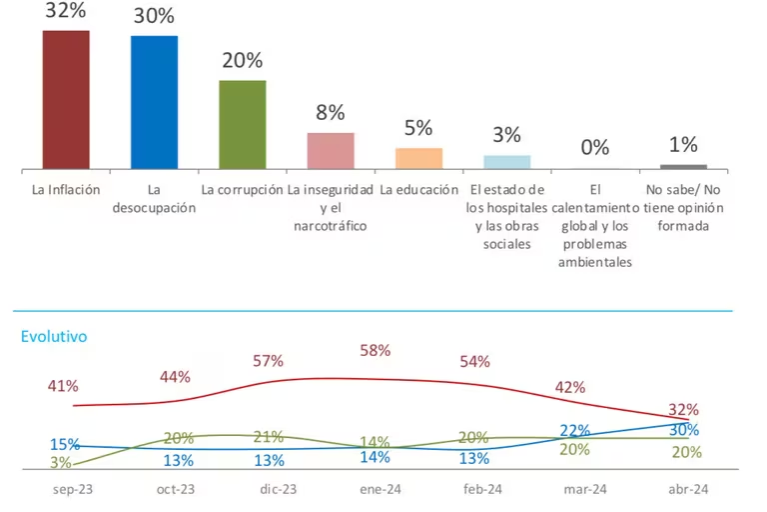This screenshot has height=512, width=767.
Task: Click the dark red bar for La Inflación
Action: pyautogui.click(x=66, y=100)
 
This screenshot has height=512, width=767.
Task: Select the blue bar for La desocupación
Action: pyautogui.click(x=155, y=102)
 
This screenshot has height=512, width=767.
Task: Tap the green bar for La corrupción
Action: pyautogui.click(x=243, y=124)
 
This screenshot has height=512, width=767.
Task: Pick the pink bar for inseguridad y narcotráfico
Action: pyautogui.click(x=331, y=150)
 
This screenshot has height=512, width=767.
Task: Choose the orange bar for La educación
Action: pyautogui.click(x=418, y=158)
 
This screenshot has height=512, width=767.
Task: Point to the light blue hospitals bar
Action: pyautogui.click(x=507, y=162)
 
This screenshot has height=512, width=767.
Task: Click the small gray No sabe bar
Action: pyautogui.click(x=683, y=166)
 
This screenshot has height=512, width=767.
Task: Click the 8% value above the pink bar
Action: pyautogui.click(x=331, y=113)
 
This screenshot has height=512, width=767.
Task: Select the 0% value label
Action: pyautogui.click(x=595, y=147)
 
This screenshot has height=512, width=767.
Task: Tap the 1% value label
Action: pyautogui.click(x=683, y=144)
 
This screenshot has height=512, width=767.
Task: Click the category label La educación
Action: pyautogui.click(x=418, y=189)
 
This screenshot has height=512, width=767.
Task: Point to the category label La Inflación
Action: pyautogui.click(x=66, y=189)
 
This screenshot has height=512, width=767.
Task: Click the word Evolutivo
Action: pyautogui.click(x=54, y=337)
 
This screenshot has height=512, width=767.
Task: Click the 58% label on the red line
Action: pyautogui.click(x=375, y=351)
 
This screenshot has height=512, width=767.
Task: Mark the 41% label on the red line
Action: pyautogui.click(x=62, y=386)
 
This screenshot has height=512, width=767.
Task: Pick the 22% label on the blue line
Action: pyautogui.click(x=575, y=430)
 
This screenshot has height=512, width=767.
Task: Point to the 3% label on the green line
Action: pyautogui.click(x=60, y=462)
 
